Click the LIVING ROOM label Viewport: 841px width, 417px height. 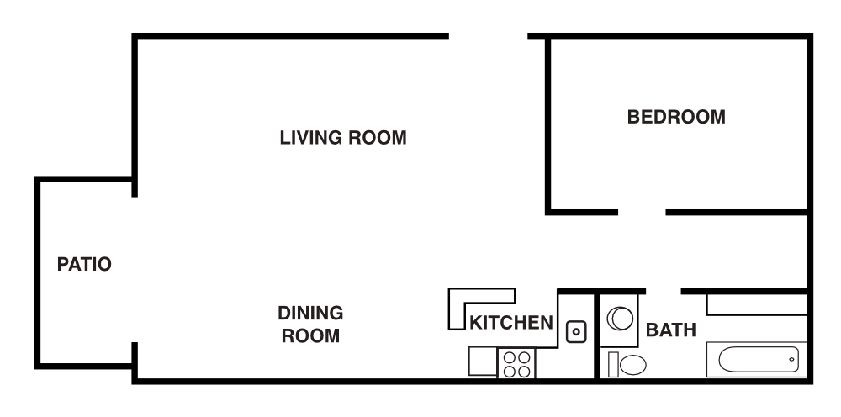[342, 137]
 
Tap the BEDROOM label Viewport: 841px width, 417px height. [676, 117]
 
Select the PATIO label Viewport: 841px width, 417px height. [84, 264]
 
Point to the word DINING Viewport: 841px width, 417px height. [310, 314]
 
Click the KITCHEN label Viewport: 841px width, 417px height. [511, 322]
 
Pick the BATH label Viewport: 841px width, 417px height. [670, 330]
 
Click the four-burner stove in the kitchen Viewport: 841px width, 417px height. [517, 363]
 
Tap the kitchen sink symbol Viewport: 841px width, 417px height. [576, 331]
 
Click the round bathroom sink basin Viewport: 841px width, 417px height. [621, 318]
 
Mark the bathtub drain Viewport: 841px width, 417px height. [791, 359]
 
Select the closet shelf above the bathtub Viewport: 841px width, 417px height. [757, 304]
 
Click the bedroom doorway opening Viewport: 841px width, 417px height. [642, 211]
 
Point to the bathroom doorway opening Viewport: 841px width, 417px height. [663, 292]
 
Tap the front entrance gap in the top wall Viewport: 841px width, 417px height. [488, 36]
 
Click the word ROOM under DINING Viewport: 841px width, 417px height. [310, 337]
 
